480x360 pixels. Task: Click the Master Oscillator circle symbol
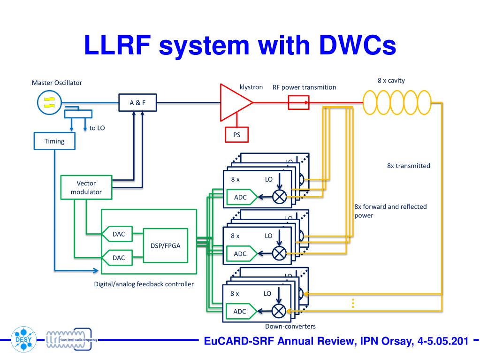49,102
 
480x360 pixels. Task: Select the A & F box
137,102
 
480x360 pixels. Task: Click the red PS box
236,135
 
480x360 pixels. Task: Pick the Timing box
54,141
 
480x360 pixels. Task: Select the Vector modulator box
86,187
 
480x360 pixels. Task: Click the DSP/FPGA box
165,245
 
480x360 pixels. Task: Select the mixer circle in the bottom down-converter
279,310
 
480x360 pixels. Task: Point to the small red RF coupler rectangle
298,102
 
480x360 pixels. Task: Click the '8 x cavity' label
391,81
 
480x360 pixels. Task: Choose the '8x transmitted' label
408,166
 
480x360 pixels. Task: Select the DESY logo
23,338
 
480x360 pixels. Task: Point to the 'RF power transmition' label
304,87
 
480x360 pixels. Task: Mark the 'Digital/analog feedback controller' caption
144,284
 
